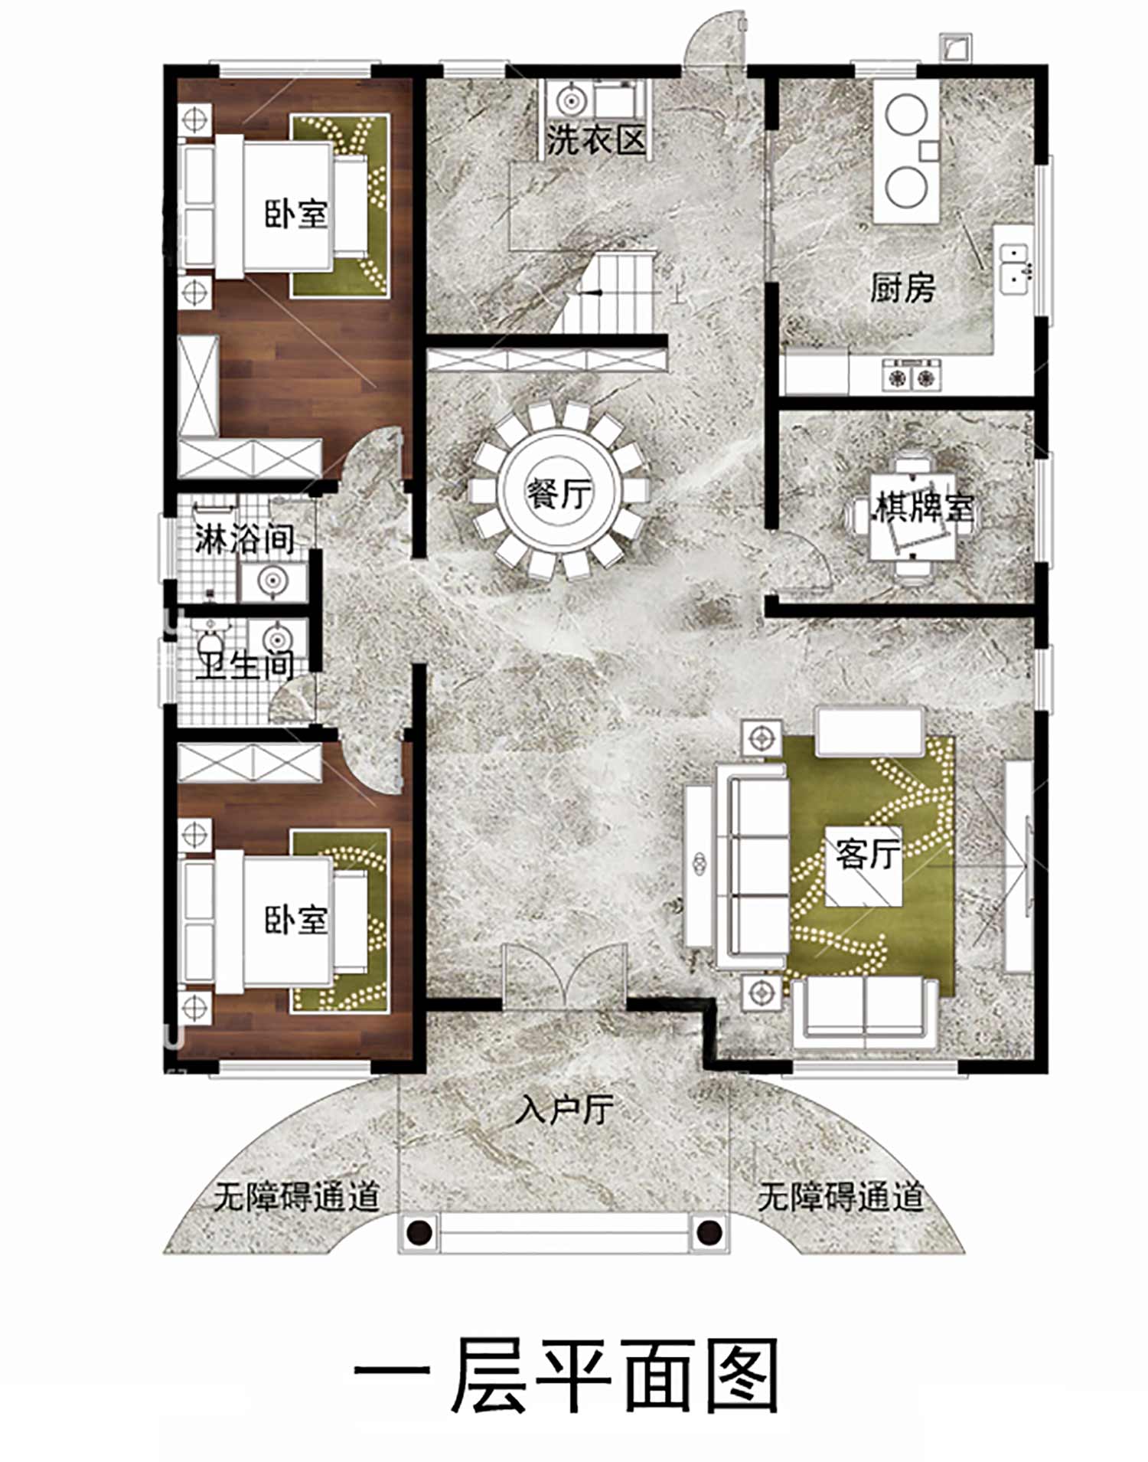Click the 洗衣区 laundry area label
tap(597, 139)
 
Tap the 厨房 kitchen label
tap(902, 288)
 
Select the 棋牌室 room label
tap(925, 507)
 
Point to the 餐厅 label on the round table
tap(559, 492)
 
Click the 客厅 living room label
tap(868, 852)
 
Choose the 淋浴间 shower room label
tap(244, 538)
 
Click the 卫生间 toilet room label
tap(244, 664)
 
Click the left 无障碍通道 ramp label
tap(297, 1195)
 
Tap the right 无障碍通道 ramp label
tap(841, 1195)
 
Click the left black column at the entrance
tap(419, 1233)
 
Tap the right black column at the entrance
tap(709, 1233)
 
